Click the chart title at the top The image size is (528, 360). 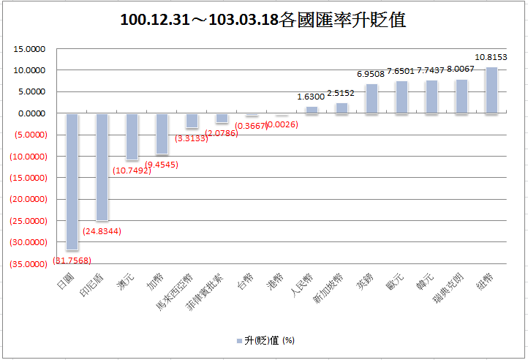(x=263, y=20)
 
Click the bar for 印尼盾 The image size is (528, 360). (x=102, y=167)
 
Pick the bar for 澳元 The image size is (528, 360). (x=132, y=136)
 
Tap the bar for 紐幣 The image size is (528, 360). (x=491, y=90)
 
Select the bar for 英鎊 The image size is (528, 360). (x=372, y=98)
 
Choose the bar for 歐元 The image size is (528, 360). (x=401, y=97)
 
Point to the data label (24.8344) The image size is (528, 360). (x=102, y=231)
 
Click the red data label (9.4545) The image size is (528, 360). (x=162, y=165)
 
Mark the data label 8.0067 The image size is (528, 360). (x=461, y=69)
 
